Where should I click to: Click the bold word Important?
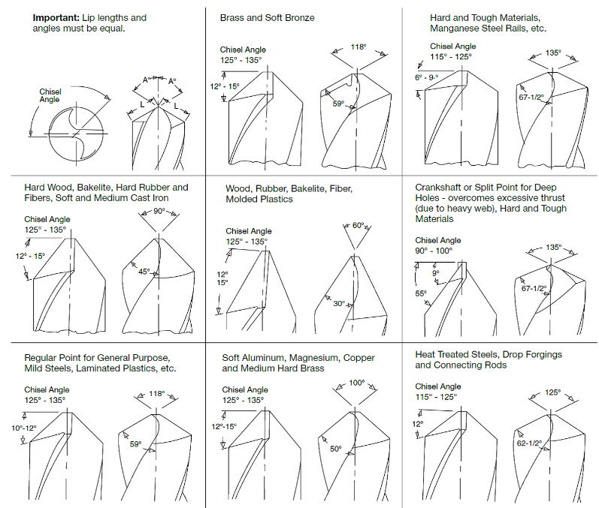point(56,18)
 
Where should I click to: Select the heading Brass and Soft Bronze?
point(267,18)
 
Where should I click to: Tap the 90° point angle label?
point(159,211)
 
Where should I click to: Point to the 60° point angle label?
point(358,225)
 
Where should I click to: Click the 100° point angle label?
point(357,383)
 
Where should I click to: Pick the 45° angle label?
point(144,272)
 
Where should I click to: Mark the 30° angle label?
point(339,304)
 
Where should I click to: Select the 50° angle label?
point(336,449)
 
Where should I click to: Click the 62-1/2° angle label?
point(529,443)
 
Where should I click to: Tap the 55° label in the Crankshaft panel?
point(421,293)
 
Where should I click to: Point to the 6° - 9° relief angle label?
point(426,77)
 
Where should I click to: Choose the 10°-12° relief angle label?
point(24,428)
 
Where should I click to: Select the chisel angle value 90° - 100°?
point(434,251)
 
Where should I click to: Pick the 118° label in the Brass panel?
point(358,47)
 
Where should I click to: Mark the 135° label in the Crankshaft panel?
point(554,247)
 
